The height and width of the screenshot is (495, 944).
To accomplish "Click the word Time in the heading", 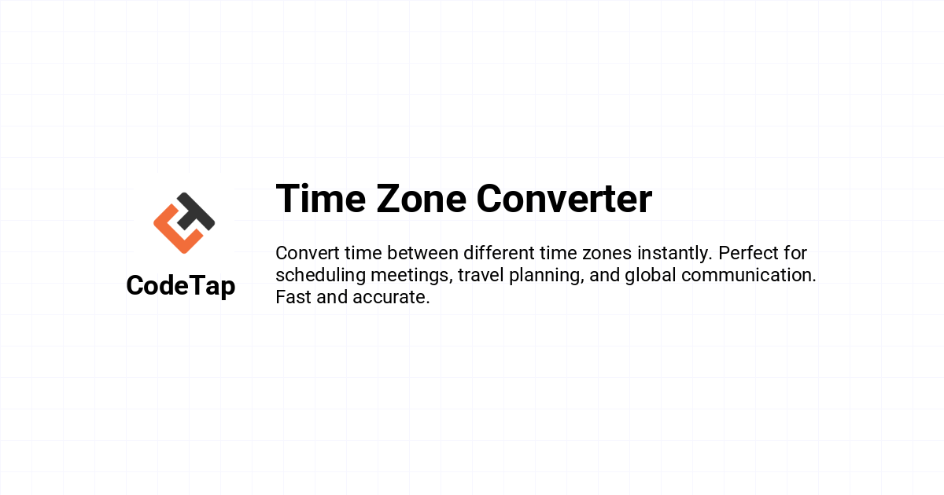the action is (x=321, y=199).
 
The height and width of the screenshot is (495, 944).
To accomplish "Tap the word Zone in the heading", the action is (x=422, y=199).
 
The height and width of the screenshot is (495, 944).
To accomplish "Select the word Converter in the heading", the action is (x=564, y=199).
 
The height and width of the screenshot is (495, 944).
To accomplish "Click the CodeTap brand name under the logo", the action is (x=181, y=286).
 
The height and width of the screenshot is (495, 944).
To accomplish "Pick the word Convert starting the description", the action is (x=308, y=253).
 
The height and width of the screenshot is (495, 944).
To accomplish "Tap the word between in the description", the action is (x=422, y=253).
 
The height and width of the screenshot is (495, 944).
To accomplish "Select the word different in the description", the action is (x=499, y=253).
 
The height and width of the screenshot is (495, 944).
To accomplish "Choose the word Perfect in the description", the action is (x=748, y=253).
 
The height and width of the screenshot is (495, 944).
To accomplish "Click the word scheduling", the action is (x=321, y=276).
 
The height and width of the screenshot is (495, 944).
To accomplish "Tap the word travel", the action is (x=481, y=275).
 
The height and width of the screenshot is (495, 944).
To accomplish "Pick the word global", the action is (x=651, y=276).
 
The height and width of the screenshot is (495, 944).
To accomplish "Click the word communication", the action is (x=749, y=275).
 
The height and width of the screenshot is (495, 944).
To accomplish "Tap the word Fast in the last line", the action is (x=293, y=297).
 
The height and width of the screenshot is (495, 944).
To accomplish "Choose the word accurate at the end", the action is (x=392, y=298).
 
